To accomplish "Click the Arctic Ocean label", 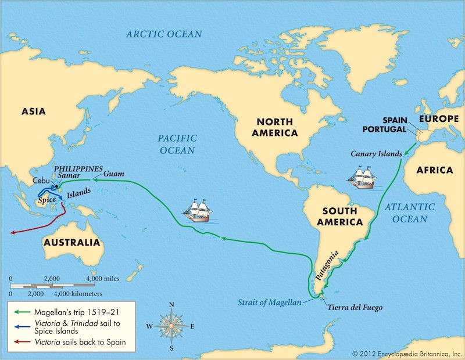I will [164, 34].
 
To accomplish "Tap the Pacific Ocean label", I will [177, 144].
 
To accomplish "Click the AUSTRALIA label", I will [71, 242].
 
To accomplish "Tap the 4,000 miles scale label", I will [103, 279].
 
